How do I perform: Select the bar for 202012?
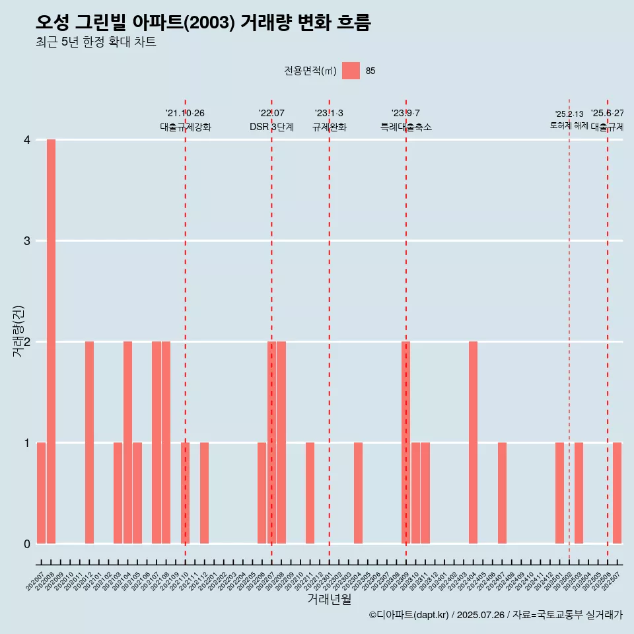pos(89,442)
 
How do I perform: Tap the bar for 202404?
pos(473,442)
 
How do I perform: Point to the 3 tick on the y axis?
pos(27,241)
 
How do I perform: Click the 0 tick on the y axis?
pos(27,544)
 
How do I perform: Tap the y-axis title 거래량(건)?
pos(18,332)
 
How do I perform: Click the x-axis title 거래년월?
pos(329,600)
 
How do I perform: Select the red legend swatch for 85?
pos(351,71)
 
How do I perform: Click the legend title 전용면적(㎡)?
pos(310,71)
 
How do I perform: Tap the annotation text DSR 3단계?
pos(271,127)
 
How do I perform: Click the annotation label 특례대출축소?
pos(405,127)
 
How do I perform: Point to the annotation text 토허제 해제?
pos(569,125)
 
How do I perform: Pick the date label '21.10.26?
pos(185,114)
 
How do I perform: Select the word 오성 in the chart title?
pos(52,22)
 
